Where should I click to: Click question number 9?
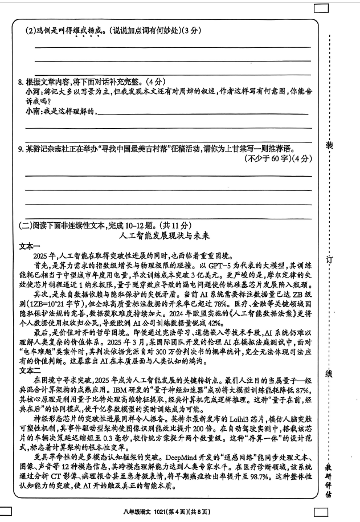[x=21, y=149]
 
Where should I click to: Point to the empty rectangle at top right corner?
[x=321, y=8]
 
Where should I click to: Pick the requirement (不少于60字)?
[x=265, y=158]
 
